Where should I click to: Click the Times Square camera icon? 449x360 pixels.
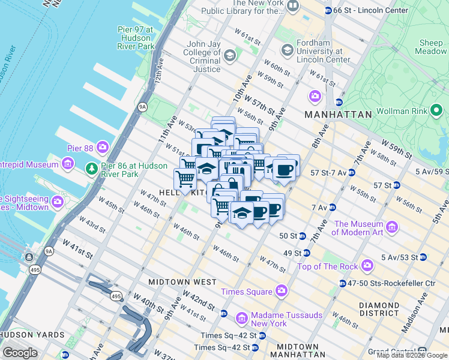281,292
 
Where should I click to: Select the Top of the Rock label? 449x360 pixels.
328,266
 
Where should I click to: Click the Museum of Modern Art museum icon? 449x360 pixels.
392,227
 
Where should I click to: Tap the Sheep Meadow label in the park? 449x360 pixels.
430,47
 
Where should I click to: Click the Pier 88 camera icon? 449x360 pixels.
103,146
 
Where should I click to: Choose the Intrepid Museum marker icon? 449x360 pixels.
67,163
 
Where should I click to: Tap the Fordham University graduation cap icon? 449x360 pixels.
286,49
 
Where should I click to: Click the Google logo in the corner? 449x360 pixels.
20,352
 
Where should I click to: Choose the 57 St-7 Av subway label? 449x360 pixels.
328,173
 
